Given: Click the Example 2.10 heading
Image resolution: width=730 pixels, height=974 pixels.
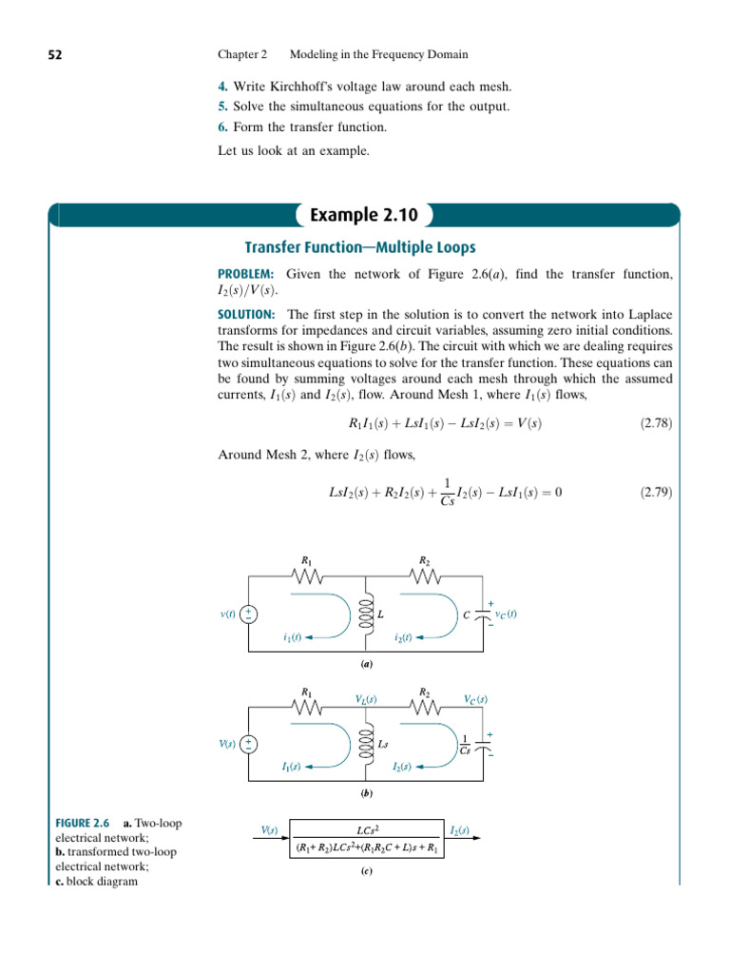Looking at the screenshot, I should (365, 215).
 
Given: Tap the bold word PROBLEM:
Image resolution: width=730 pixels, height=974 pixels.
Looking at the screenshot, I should (246, 275).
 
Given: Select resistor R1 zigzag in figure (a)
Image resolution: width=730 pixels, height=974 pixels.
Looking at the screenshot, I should (307, 577).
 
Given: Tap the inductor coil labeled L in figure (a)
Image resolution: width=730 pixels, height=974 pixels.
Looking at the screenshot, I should (366, 615).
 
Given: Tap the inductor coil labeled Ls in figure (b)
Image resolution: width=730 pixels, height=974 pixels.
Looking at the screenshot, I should (366, 745).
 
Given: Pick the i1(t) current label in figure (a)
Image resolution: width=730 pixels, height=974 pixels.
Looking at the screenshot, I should (292, 637).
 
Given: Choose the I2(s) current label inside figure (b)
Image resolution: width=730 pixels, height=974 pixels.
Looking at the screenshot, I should (402, 767).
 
